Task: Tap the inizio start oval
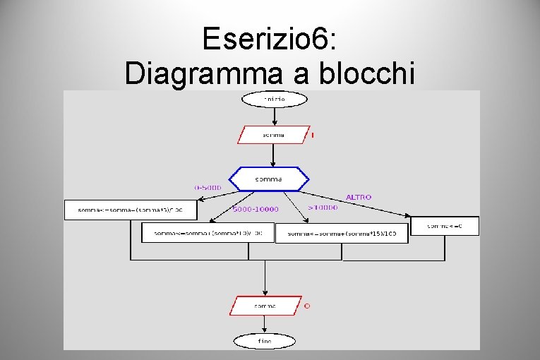(275, 100)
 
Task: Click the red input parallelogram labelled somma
(274, 134)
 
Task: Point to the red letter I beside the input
(313, 135)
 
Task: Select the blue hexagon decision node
(272, 179)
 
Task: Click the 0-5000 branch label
(208, 188)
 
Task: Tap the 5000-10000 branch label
(256, 209)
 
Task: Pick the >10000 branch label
(323, 208)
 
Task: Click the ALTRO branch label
(358, 197)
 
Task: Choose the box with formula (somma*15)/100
(342, 234)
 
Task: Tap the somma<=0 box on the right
(444, 226)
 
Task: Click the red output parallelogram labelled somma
(265, 306)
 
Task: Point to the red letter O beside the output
(307, 306)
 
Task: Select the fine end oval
(265, 340)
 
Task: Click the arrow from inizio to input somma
(274, 116)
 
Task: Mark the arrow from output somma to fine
(265, 324)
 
